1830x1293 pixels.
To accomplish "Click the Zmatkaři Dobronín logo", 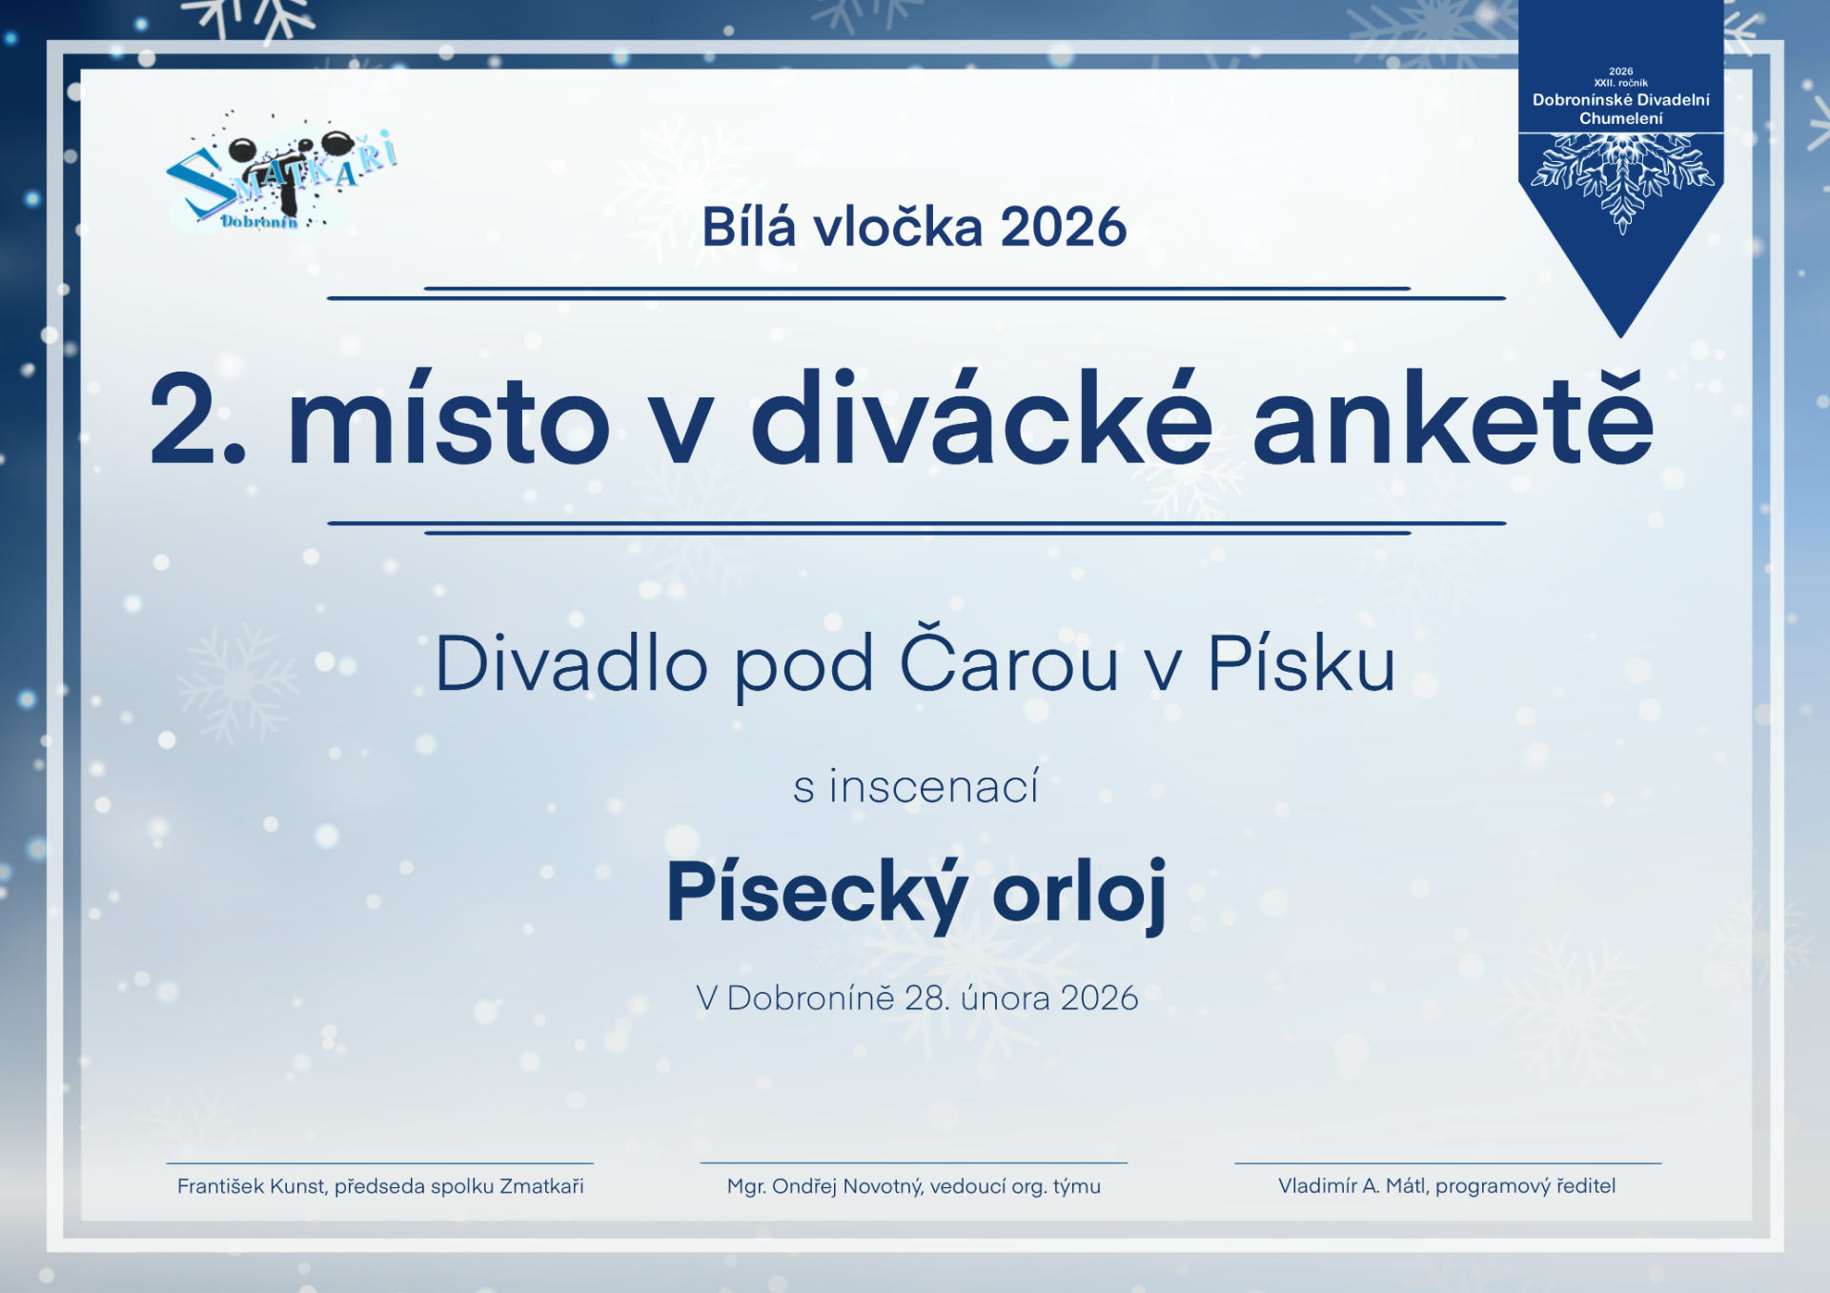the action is click(x=282, y=176).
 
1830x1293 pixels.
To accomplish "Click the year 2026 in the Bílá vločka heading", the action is click(x=1064, y=228).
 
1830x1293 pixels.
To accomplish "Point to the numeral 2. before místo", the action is click(x=198, y=419).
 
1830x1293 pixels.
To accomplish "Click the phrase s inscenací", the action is click(x=916, y=787).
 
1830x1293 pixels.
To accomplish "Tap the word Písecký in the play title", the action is click(x=817, y=893).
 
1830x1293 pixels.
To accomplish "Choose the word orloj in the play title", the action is click(x=1080, y=893).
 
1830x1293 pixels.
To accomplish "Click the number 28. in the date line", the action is click(x=926, y=998).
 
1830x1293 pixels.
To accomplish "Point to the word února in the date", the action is click(x=1005, y=998).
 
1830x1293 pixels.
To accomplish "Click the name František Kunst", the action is click(x=252, y=1186).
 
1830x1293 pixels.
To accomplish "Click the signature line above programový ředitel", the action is click(x=1448, y=1162).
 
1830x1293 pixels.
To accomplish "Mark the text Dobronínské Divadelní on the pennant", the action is click(x=1620, y=100).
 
